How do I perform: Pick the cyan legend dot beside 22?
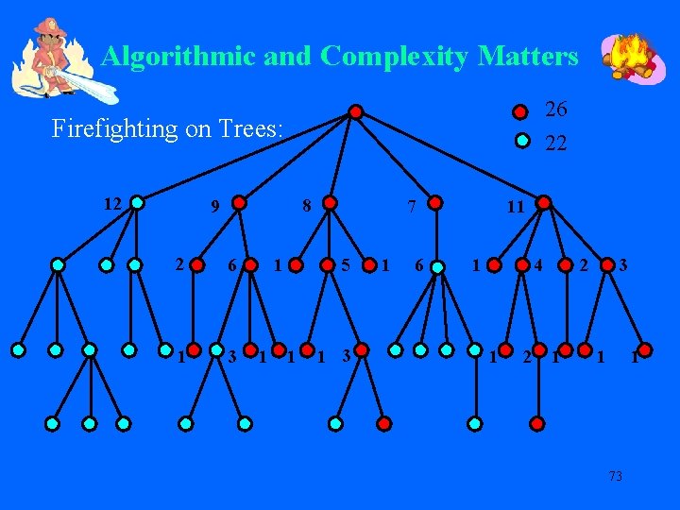coord(520,143)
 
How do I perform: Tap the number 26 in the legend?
coord(556,110)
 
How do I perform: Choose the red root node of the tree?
coord(355,111)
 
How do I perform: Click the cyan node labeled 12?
coord(138,201)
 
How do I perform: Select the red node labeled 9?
coord(240,201)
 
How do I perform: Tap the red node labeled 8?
coord(329,201)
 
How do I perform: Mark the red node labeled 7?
coord(434,201)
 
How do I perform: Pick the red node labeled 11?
coord(543,201)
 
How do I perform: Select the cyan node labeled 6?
coord(437,267)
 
